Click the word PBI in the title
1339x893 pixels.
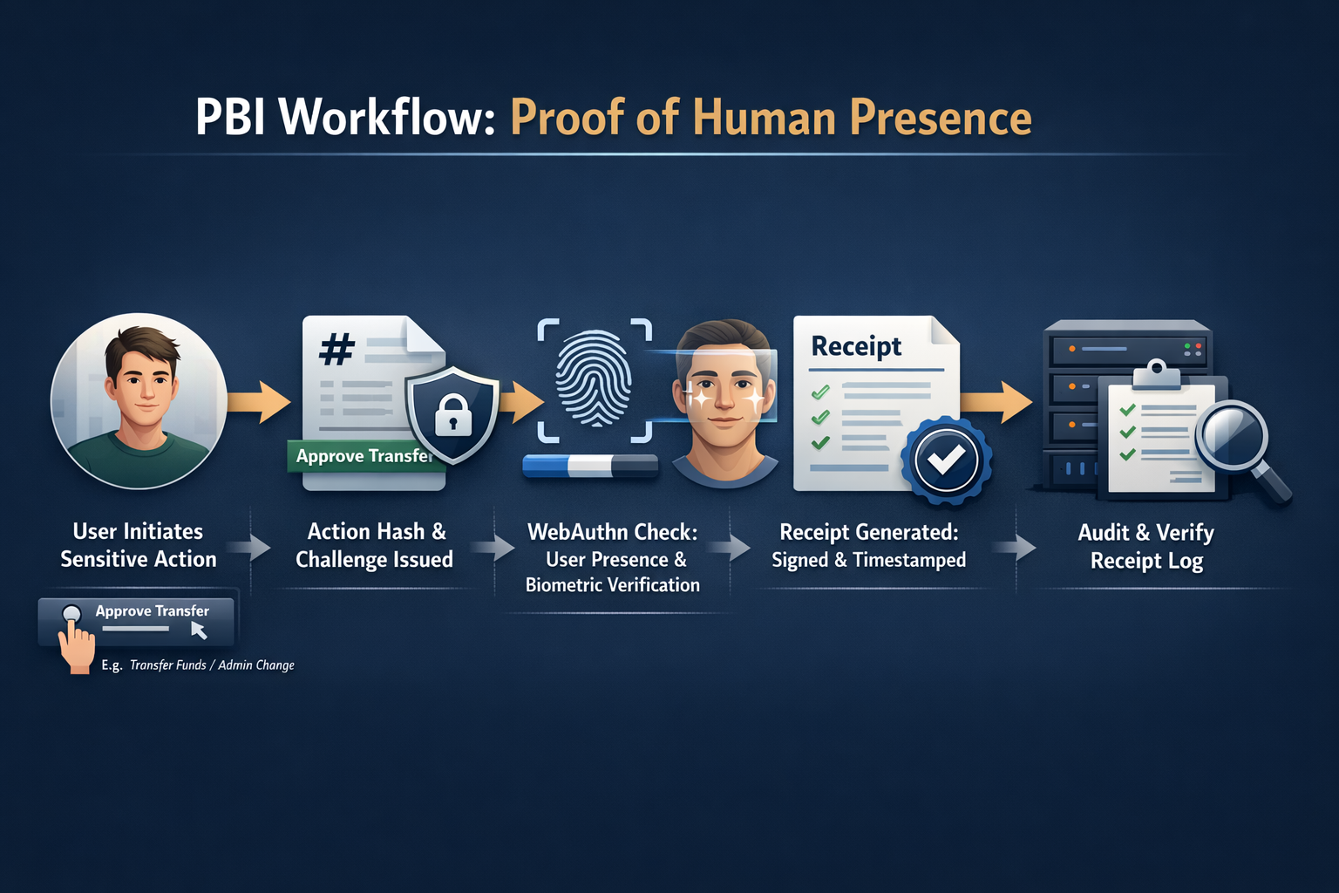[x=230, y=117]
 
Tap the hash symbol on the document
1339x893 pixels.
[x=336, y=350]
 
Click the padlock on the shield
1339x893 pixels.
[x=452, y=415]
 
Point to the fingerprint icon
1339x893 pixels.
[x=595, y=379]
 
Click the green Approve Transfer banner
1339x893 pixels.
[x=362, y=456]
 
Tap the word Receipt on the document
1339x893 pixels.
[x=856, y=346]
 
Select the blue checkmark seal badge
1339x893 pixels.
[x=946, y=460]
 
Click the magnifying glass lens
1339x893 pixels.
[x=1232, y=435]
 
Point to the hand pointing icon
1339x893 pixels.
[x=76, y=643]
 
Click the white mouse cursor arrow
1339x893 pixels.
[x=199, y=630]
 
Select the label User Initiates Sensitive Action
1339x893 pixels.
[x=138, y=545]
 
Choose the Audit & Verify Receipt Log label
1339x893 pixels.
[x=1145, y=546]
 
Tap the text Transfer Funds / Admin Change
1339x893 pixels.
[x=212, y=665]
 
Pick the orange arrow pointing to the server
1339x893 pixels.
[x=997, y=401]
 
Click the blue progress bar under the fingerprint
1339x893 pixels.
[x=590, y=467]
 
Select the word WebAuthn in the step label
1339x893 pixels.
[x=577, y=532]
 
